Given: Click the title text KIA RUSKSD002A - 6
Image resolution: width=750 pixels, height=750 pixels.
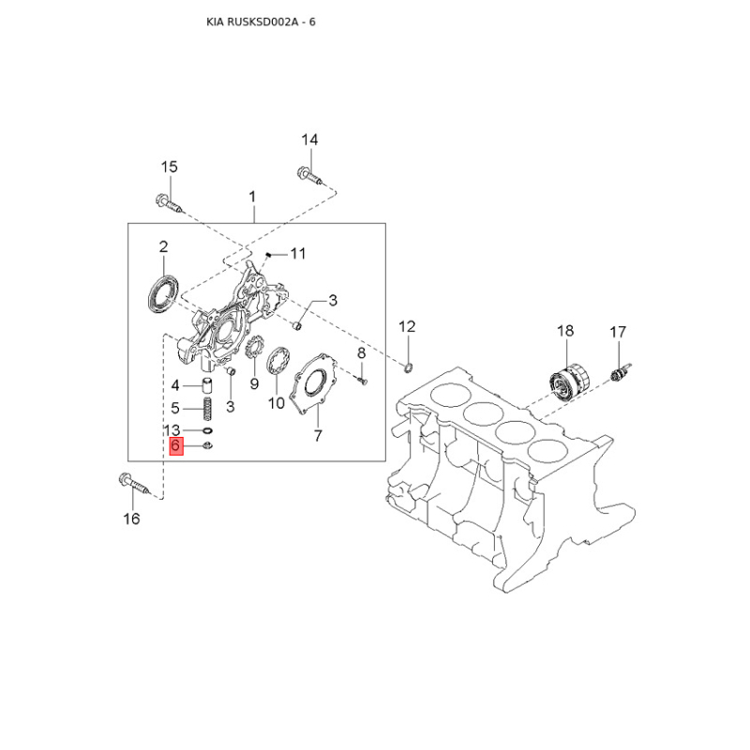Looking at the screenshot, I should (x=261, y=21).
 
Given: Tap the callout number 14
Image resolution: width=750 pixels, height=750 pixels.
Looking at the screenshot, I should (x=309, y=140).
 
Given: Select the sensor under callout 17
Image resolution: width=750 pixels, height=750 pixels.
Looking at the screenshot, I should (x=619, y=372).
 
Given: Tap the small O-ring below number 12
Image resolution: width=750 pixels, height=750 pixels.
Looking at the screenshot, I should (x=410, y=364).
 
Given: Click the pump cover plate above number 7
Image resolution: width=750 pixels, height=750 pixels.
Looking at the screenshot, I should (x=316, y=387).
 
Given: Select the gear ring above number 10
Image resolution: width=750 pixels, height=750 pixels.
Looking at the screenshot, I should (x=278, y=361).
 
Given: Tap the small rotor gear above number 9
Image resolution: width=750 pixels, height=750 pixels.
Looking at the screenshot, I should (x=251, y=350).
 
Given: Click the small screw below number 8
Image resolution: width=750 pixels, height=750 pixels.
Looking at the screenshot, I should (x=366, y=380).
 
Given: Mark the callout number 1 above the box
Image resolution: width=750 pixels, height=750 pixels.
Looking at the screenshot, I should (x=252, y=196).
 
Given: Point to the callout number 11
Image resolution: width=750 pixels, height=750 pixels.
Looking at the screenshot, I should (x=298, y=253).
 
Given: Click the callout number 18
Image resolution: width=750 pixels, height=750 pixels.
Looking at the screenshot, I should (x=565, y=330).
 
